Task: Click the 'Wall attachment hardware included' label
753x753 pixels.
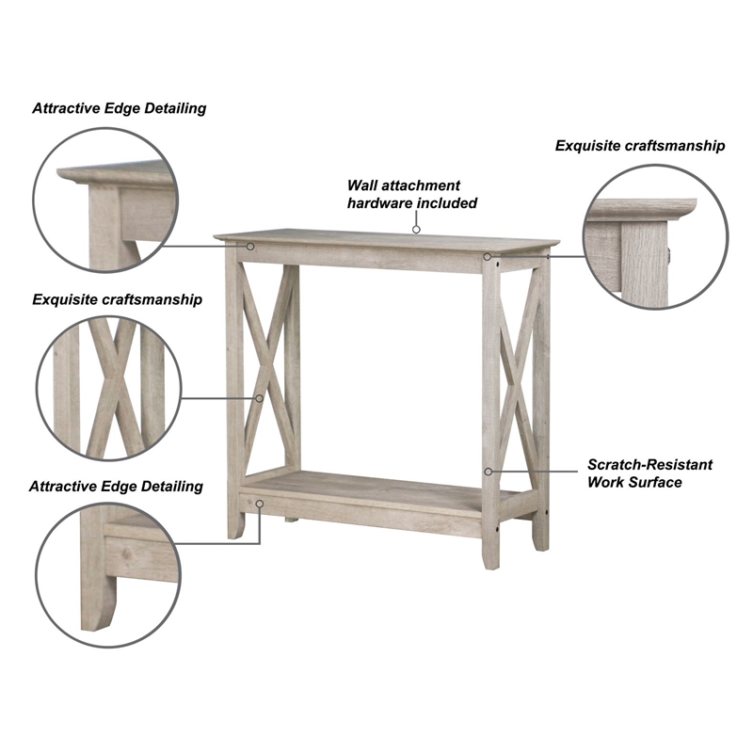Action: (412, 194)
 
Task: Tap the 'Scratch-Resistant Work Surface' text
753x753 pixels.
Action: (649, 473)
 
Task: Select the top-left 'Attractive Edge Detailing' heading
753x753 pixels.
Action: (119, 108)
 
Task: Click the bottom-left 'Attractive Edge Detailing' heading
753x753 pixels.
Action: (116, 487)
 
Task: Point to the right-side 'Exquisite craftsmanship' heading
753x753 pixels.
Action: (640, 146)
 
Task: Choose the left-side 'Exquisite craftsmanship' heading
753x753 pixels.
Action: (118, 299)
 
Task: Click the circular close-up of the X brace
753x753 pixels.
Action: (105, 387)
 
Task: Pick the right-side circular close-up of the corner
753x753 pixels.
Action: (656, 236)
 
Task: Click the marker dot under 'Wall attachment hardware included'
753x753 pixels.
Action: (415, 228)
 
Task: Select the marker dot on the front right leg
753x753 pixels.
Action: (488, 470)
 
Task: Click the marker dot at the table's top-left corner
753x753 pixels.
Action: (252, 247)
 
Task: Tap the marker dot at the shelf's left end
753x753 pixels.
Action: (260, 504)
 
